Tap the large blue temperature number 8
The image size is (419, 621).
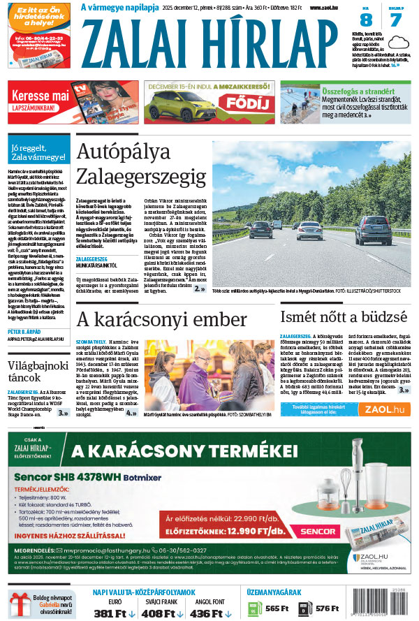pyautogui.click(x=365, y=20)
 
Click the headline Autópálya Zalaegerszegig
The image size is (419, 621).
pyautogui.click(x=141, y=163)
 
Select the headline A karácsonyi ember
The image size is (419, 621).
pyautogui.click(x=161, y=319)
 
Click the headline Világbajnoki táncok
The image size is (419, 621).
pyautogui.click(x=39, y=374)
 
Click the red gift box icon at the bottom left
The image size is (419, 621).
pyautogui.click(x=20, y=605)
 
